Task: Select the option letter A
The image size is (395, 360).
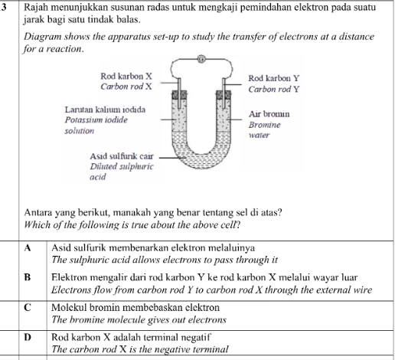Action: pyautogui.click(x=27, y=247)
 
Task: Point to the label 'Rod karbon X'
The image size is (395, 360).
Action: pyautogui.click(x=126, y=77)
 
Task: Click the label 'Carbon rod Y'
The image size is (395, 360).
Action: pyautogui.click(x=273, y=89)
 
